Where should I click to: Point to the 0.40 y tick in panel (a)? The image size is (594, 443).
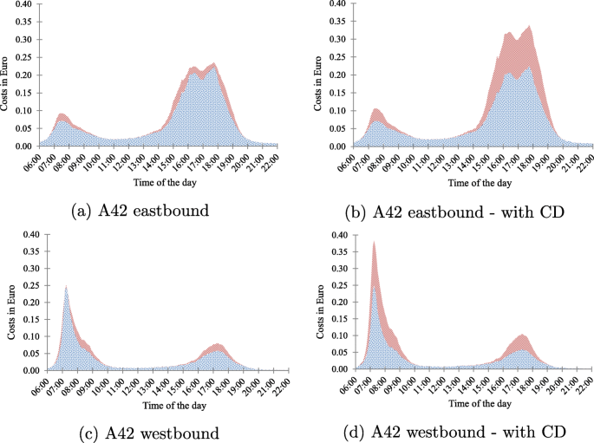(x=24, y=3)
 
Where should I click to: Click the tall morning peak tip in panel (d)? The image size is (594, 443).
(x=374, y=242)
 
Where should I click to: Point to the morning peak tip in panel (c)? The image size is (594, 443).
(x=65, y=286)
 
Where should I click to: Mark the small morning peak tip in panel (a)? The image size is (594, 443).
(x=62, y=114)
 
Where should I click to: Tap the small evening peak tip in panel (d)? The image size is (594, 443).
(x=521, y=335)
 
